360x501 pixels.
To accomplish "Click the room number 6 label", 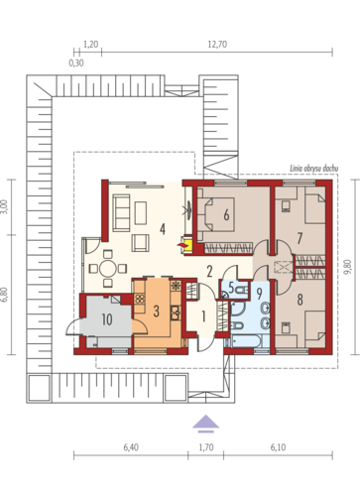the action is (x=226, y=215).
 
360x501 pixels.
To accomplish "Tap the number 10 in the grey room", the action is (x=107, y=319).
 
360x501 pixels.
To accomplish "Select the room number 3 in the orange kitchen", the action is (x=157, y=312).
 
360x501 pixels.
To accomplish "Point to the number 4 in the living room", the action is (x=162, y=229).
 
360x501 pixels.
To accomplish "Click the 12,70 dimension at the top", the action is (x=217, y=45).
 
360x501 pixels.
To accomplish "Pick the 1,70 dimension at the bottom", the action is (x=206, y=447).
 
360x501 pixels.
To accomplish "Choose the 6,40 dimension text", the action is (x=131, y=447).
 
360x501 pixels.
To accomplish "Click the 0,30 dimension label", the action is (x=76, y=63).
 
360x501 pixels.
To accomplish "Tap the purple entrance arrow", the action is (x=205, y=424).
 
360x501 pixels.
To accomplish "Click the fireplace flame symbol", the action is (x=181, y=245).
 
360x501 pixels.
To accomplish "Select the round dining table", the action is (x=108, y=268).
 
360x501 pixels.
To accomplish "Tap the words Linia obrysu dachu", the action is (x=313, y=169).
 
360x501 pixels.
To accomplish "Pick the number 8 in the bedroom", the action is (x=300, y=300).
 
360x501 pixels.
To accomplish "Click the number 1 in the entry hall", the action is (x=203, y=316).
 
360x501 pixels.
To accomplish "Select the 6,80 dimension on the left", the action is (x=5, y=295).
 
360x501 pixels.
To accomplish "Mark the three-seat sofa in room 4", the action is (x=121, y=212).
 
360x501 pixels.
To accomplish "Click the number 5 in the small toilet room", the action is (x=231, y=288).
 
